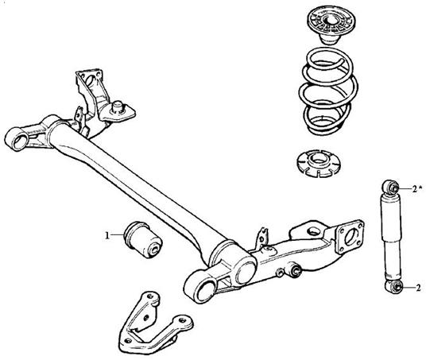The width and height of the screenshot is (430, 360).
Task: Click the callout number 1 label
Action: pos(107,235)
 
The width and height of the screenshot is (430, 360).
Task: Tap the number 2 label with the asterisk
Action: pos(416,189)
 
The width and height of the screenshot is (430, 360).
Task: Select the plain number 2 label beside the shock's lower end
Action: pos(418,288)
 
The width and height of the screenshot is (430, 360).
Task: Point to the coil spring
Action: pos(327,91)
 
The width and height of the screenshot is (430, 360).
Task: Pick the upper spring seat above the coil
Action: pos(330,25)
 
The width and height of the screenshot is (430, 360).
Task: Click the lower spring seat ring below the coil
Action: pos(319,163)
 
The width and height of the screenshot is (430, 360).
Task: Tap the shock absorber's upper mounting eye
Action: pos(390,187)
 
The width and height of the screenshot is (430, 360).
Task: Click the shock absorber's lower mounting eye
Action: pos(393,286)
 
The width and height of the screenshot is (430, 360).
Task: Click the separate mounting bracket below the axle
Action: pos(153,323)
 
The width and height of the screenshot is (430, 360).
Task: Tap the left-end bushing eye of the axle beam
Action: pos(18,140)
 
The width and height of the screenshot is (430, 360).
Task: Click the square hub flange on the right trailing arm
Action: pos(350,236)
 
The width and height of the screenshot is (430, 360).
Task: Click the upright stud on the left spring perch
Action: pos(118,106)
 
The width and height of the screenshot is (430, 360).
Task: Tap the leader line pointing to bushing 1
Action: pos(117,235)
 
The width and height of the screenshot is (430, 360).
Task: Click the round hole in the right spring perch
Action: pos(313,230)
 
